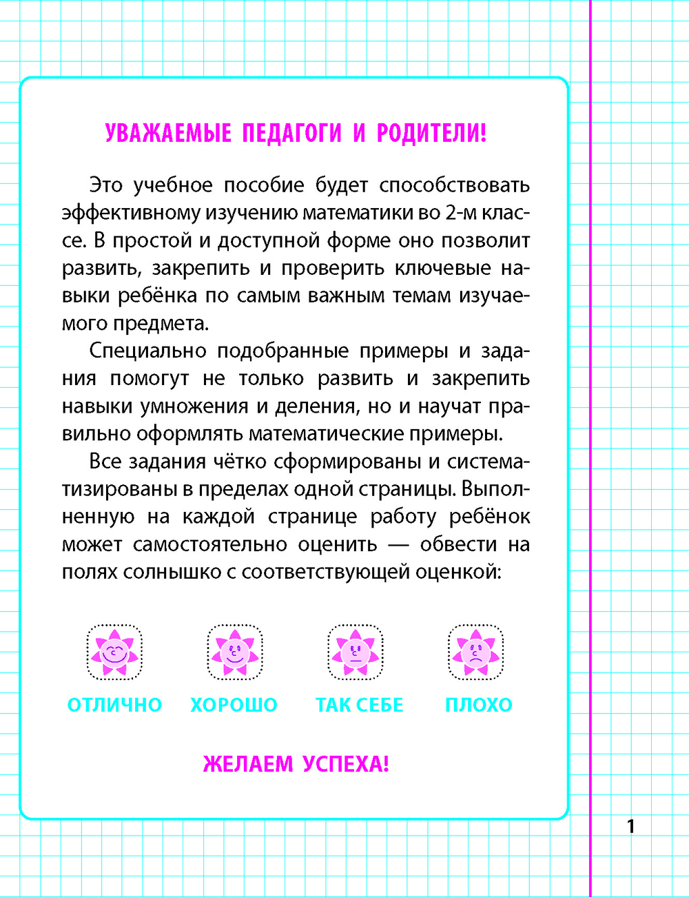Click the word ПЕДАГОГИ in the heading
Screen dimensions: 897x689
pos(291,133)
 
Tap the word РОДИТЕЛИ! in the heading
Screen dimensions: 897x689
pos(432,133)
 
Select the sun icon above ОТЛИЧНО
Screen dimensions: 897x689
pos(114,652)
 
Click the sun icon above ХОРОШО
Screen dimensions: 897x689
pos(234,652)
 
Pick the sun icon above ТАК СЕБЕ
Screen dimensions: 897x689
pos(356,652)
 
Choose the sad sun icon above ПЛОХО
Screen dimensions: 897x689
pos(475,652)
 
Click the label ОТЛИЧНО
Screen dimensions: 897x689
pos(114,705)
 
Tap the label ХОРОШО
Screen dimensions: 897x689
pos(234,705)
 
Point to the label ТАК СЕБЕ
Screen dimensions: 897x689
pos(359,705)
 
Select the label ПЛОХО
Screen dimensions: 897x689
pos(479,705)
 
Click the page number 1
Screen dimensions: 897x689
pos(630,825)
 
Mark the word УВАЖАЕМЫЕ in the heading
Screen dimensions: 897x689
pos(168,133)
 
